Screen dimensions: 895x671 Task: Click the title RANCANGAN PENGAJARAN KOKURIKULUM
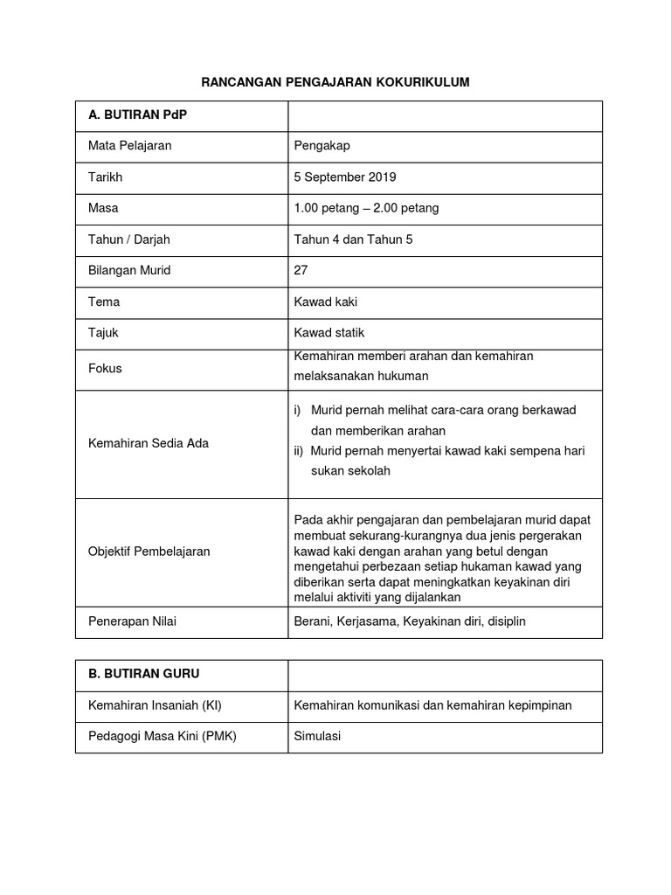[335, 82]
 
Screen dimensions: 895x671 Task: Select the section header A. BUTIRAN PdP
[138, 115]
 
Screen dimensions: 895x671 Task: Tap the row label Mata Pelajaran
[129, 146]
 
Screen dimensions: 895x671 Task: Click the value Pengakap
[322, 146]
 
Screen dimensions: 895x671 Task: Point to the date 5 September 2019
[345, 177]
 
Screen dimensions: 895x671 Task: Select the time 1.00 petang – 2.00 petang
[366, 208]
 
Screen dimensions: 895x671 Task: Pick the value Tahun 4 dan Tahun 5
[353, 239]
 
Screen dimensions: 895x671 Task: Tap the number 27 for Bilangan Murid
[301, 270]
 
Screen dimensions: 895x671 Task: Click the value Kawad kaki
[326, 302]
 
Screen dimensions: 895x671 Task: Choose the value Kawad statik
[329, 333]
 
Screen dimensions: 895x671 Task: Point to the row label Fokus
[105, 368]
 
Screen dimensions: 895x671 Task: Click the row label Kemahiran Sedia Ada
[149, 443]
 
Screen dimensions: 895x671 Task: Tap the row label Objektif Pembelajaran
[149, 552]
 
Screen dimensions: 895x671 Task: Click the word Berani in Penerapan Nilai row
[312, 621]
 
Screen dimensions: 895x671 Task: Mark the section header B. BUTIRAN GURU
[144, 675]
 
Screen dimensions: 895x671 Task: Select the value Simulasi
[317, 736]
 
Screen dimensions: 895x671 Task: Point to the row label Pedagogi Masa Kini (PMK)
[163, 736]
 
